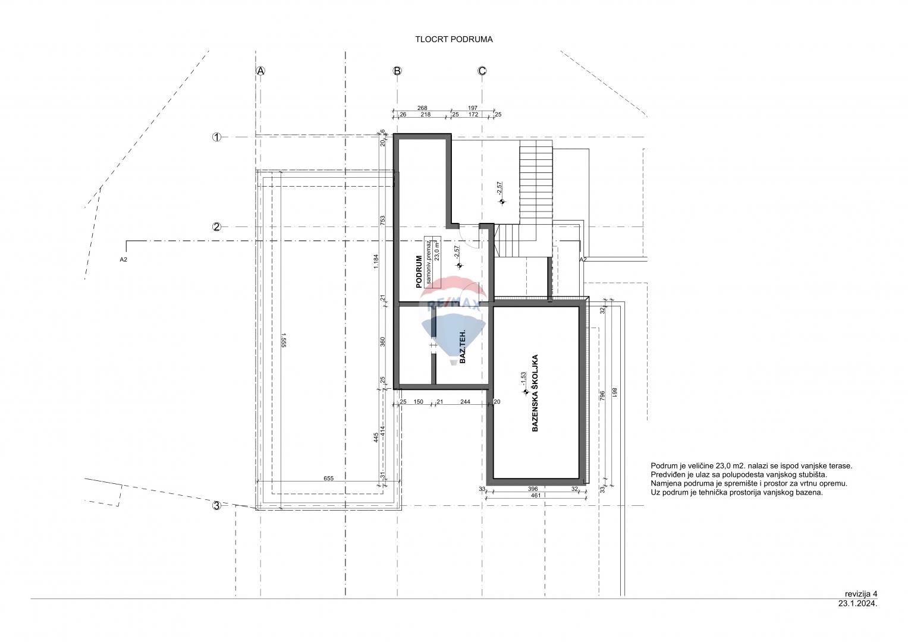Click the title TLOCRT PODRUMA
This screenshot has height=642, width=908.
pyautogui.click(x=454, y=40)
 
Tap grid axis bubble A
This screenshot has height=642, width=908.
pyautogui.click(x=260, y=71)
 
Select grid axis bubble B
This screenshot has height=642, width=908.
pyautogui.click(x=397, y=71)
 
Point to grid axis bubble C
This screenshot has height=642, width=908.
pyautogui.click(x=482, y=71)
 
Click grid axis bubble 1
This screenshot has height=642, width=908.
pyautogui.click(x=217, y=137)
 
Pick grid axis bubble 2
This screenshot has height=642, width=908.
pyautogui.click(x=217, y=227)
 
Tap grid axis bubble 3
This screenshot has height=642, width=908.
pyautogui.click(x=217, y=506)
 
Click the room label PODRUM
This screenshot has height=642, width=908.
pyautogui.click(x=419, y=272)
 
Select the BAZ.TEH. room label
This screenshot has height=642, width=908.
pyautogui.click(x=463, y=347)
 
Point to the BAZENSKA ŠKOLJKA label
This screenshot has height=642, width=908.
pyautogui.click(x=535, y=393)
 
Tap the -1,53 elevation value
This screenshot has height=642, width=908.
pyautogui.click(x=523, y=379)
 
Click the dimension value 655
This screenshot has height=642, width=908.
pyautogui.click(x=328, y=479)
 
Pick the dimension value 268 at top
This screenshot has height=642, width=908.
pyautogui.click(x=422, y=108)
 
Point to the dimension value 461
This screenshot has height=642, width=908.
pyautogui.click(x=536, y=495)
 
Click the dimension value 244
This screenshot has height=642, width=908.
pyautogui.click(x=466, y=402)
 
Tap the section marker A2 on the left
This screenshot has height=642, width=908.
pyautogui.click(x=123, y=260)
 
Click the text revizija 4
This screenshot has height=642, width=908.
pyautogui.click(x=861, y=594)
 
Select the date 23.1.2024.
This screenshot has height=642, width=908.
pyautogui.click(x=857, y=603)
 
